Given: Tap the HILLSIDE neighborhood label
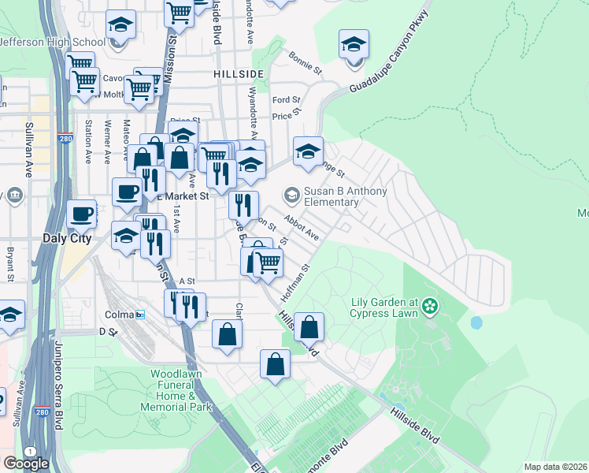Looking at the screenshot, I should click(x=238, y=73).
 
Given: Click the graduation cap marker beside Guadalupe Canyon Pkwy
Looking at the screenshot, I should click(x=354, y=45).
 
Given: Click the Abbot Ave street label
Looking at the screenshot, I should click(x=301, y=229).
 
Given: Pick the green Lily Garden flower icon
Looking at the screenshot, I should click(x=430, y=305).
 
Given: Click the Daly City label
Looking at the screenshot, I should click(x=67, y=237).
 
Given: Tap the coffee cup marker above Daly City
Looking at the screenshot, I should click(x=82, y=214).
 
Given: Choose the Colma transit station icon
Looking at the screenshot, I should click(x=140, y=315).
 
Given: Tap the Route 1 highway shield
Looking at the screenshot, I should click(x=30, y=450).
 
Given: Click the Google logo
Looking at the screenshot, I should click(x=26, y=463).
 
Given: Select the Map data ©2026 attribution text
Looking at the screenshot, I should click(x=555, y=467).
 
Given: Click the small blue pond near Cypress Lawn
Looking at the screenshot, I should click(x=476, y=322).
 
